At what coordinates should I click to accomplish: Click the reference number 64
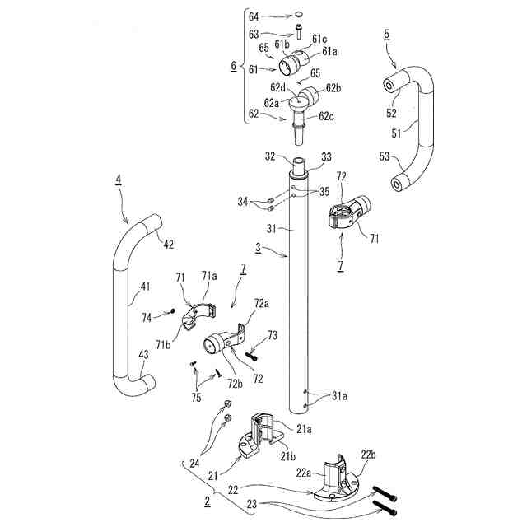point(254,16)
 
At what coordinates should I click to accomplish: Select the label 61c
point(319,39)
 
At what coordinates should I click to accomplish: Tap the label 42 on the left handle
point(168,245)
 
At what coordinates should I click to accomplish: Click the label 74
point(147,317)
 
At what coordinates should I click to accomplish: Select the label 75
point(195,396)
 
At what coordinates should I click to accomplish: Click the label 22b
point(367,455)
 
